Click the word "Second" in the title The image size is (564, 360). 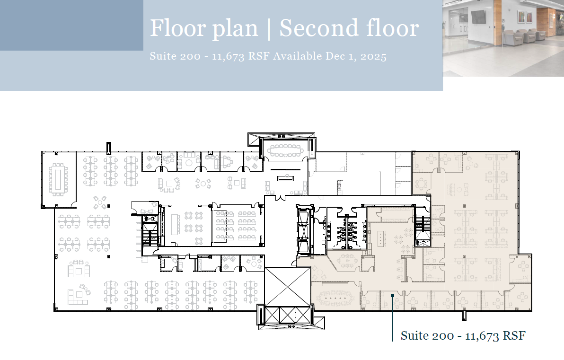[312, 28]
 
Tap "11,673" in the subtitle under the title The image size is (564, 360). [227, 56]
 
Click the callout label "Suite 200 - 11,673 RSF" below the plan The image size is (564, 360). [463, 336]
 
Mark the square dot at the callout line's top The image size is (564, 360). [392, 296]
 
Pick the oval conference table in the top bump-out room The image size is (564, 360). [285, 150]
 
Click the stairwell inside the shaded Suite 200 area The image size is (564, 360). [423, 226]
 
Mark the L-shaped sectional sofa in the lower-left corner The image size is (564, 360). [77, 296]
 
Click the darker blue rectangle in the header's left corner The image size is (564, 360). [71, 25]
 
